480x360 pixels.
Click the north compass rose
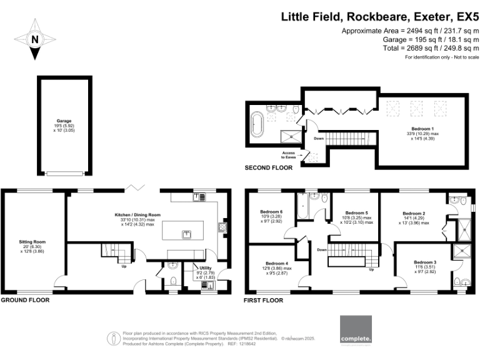[x=35, y=39]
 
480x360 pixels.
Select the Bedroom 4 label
[x=277, y=264]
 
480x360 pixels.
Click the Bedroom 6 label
[x=272, y=212]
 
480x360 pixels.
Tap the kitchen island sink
[x=186, y=234]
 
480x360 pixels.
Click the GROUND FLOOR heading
[x=24, y=300]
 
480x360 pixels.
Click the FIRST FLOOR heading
[x=263, y=300]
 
